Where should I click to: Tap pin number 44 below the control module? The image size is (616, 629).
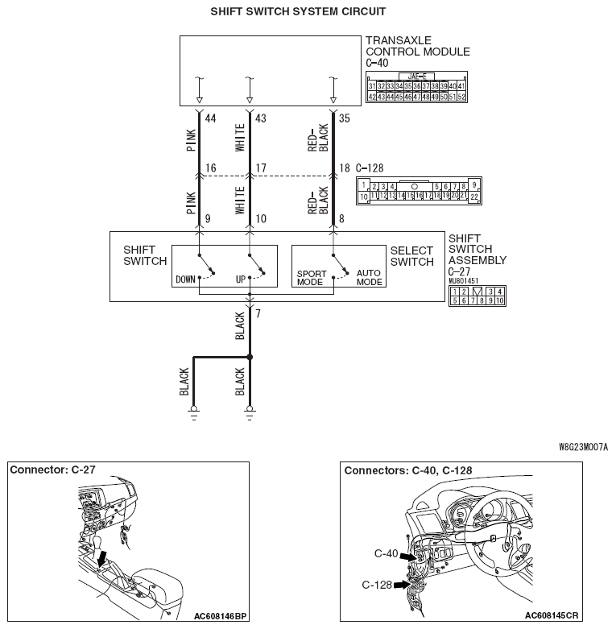[211, 118]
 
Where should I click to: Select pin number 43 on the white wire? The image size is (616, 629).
[261, 118]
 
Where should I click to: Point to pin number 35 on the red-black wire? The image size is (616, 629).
[345, 118]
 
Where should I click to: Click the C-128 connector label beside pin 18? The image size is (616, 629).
[369, 168]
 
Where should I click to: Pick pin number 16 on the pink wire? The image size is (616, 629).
[211, 168]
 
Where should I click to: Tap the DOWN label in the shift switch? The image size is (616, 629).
[185, 281]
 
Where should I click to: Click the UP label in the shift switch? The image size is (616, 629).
[240, 281]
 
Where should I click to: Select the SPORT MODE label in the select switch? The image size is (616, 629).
[310, 278]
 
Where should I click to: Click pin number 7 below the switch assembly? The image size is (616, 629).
[258, 312]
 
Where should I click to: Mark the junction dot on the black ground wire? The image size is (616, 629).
[250, 357]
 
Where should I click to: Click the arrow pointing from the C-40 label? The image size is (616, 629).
[410, 557]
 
